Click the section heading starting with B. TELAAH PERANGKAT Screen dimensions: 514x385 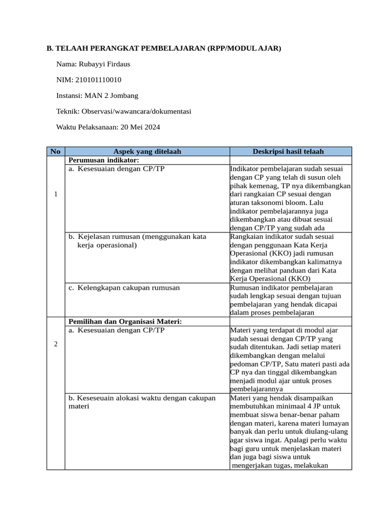pos(164,48)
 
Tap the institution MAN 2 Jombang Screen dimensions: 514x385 pos(111,95)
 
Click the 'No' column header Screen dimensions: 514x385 pos(55,151)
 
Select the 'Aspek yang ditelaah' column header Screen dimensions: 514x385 pos(147,151)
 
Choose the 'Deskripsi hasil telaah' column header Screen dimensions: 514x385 pos(290,151)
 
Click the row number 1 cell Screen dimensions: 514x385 pos(55,194)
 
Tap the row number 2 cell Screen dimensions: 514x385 pos(55,344)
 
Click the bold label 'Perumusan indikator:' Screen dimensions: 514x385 pos(103,160)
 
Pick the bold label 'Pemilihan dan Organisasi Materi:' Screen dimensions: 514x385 pos(124,321)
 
